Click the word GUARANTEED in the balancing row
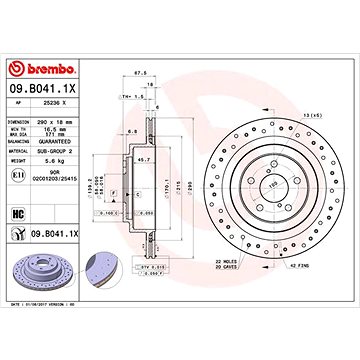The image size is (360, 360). (x=67, y=143)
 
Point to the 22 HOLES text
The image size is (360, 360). (x=232, y=262)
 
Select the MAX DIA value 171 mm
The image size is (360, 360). (x=61, y=136)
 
